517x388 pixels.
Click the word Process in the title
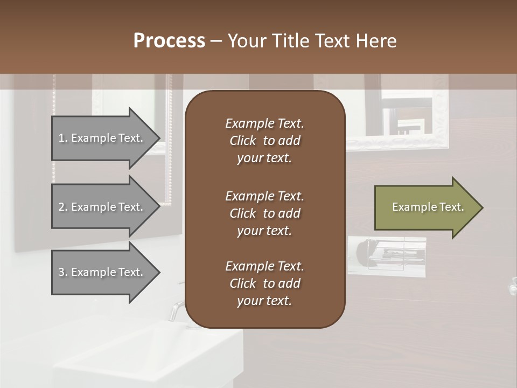click(169, 41)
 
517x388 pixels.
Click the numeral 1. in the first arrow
click(62, 138)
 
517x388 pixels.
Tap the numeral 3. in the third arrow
click(62, 272)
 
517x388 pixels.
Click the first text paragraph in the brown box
click(264, 141)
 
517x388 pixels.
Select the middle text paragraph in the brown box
click(264, 213)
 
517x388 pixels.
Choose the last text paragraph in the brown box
click(264, 283)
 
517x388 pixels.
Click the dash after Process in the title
click(215, 41)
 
